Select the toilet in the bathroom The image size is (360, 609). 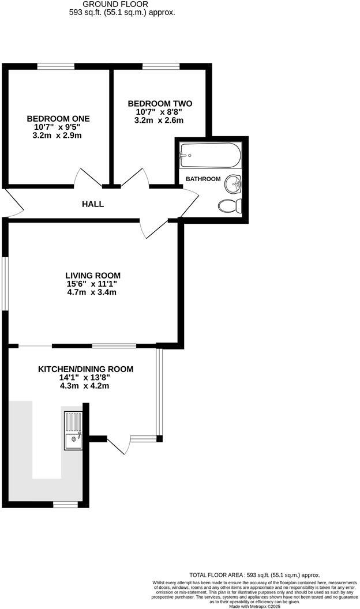coord(230,205)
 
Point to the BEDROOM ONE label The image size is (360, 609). coord(58,118)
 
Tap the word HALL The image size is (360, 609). coord(93,204)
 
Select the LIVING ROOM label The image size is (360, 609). coord(93,275)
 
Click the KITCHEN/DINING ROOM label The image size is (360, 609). coord(85,369)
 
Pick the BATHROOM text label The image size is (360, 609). coord(202,179)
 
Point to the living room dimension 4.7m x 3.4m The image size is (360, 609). coord(93,292)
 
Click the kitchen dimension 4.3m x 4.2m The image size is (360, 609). coord(85,386)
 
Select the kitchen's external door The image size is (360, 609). coord(118,446)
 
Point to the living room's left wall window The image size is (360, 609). coord(5,283)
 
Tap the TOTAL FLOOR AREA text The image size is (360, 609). coord(254,575)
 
